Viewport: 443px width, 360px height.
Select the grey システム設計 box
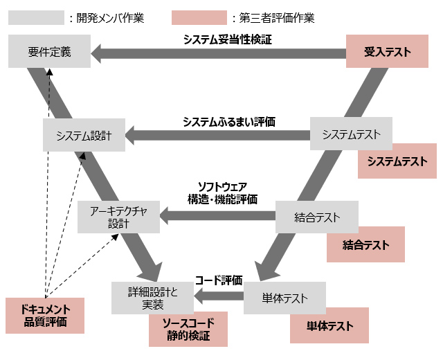coord(83,135)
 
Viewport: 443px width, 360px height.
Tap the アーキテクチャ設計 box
coord(118,217)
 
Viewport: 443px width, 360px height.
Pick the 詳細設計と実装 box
coord(153,298)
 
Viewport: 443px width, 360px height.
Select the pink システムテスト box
coord(397,161)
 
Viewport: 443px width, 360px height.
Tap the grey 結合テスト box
coord(317,217)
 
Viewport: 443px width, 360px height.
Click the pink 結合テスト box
coord(365,244)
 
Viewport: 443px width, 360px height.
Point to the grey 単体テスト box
coord(284,298)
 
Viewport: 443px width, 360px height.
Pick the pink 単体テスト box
coord(329,325)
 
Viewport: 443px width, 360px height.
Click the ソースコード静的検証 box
coord(188,329)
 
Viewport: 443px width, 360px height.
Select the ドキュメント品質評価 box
coord(45,315)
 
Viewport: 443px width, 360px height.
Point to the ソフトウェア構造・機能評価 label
coord(222,192)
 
